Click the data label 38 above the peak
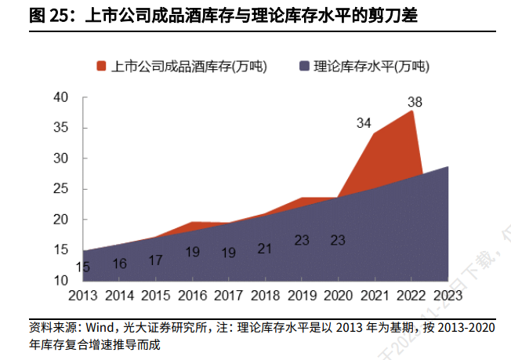(415, 101)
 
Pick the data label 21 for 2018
(264, 249)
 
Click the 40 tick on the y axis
(60, 97)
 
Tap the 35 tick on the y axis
(60, 128)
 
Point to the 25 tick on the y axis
(60, 189)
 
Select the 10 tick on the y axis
(60, 281)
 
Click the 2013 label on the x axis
(82, 296)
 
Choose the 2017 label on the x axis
(228, 296)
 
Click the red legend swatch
(101, 66)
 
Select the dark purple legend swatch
(303, 66)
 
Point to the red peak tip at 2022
(411, 111)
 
